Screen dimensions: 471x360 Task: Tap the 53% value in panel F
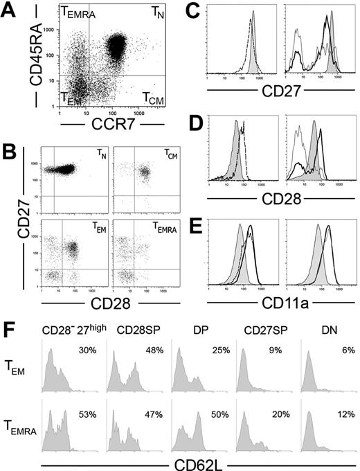point(88,397)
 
